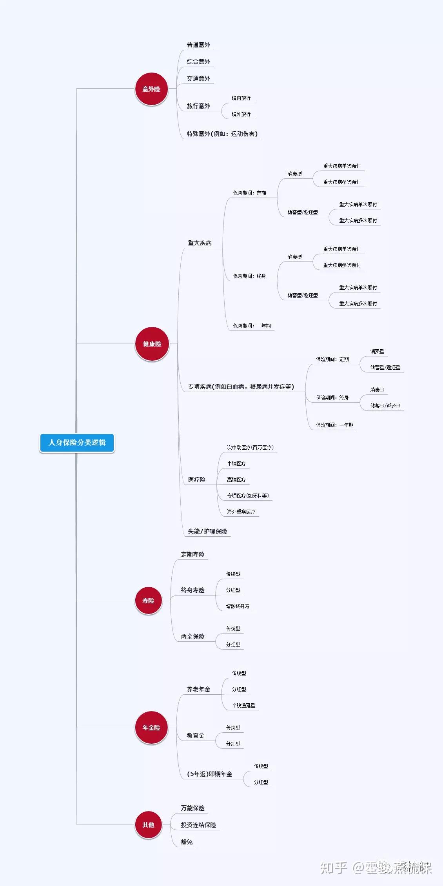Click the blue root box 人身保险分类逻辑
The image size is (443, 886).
pyautogui.click(x=77, y=443)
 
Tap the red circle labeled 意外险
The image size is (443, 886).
pyautogui.click(x=151, y=89)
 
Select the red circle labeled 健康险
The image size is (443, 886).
pyautogui.click(x=152, y=344)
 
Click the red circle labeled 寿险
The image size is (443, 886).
pyautogui.click(x=148, y=600)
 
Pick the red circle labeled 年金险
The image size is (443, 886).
pyautogui.click(x=151, y=727)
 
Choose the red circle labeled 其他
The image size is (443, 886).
pyautogui.click(x=148, y=824)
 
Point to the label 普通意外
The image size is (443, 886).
pyautogui.click(x=198, y=45)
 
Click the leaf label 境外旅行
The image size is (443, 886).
pyautogui.click(x=241, y=114)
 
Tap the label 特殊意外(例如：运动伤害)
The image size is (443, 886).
pyautogui.click(x=222, y=134)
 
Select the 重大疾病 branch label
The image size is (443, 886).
pyautogui.click(x=200, y=243)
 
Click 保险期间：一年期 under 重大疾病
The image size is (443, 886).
pyautogui.click(x=252, y=326)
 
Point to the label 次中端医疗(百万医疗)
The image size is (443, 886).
pyautogui.click(x=250, y=447)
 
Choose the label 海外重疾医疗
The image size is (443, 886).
pyautogui.click(x=241, y=512)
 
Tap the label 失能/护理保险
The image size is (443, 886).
pyautogui.click(x=207, y=531)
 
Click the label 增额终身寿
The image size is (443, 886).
pyautogui.click(x=238, y=606)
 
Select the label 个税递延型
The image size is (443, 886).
pyautogui.click(x=243, y=705)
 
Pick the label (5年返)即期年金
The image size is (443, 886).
pyautogui.click(x=210, y=774)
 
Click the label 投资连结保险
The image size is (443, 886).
pyautogui.click(x=198, y=825)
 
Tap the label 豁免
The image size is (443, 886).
pyautogui.click(x=187, y=842)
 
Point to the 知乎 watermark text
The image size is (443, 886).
pyautogui.click(x=334, y=868)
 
